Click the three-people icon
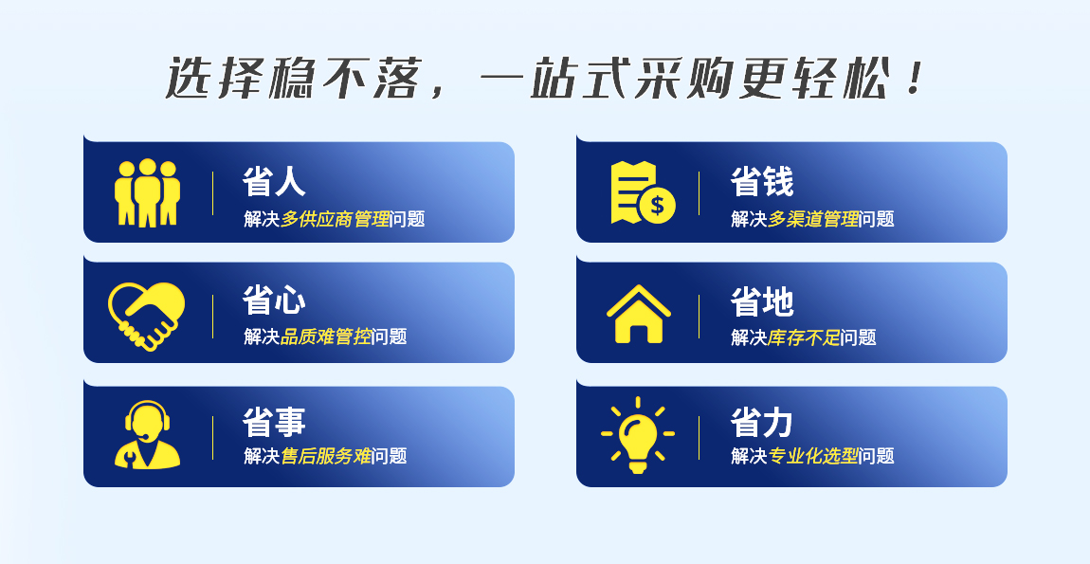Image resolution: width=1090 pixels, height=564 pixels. coord(147,192)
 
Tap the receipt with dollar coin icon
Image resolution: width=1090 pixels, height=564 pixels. coord(643,192)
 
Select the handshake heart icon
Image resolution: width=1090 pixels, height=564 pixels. coord(147,316)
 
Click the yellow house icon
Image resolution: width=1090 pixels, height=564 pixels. coord(639,314)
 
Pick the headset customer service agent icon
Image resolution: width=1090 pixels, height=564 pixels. coord(147,435)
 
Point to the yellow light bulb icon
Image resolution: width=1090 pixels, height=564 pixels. coord(638,435)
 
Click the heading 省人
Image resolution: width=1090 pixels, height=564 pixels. coord(274,181)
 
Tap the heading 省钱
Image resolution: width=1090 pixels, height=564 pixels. coord(762,181)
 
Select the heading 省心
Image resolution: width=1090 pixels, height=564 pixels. coord(274,300)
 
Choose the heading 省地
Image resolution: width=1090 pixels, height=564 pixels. coord(762,301)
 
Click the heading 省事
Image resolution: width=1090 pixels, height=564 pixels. coord(274,422)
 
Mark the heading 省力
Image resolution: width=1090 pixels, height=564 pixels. coord(762,422)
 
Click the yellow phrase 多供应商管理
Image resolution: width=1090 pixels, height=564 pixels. coord(336,219)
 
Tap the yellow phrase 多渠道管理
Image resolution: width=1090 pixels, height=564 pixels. coord(814,219)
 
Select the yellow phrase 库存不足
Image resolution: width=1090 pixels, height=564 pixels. coord(805,338)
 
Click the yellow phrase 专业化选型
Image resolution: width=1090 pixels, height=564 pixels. coord(814,456)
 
